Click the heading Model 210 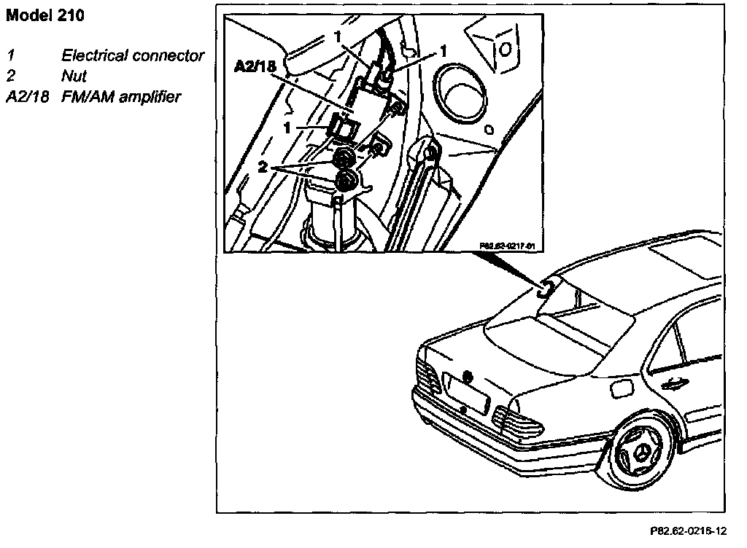44,16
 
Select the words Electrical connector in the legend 133,56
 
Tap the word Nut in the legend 74,76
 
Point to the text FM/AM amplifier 121,96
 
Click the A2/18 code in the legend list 26,96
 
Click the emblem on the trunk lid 467,377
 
